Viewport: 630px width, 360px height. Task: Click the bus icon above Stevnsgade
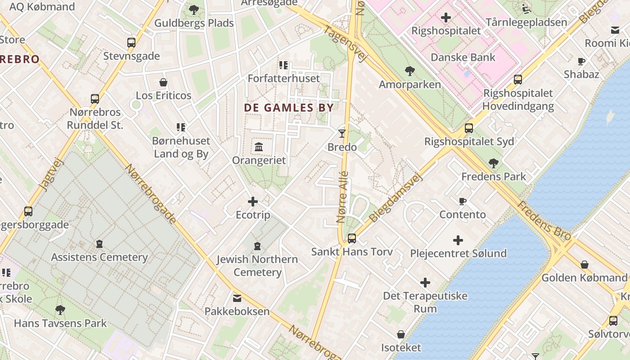[131, 43]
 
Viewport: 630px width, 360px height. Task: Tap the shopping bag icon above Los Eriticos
[163, 82]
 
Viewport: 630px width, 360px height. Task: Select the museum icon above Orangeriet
[259, 147]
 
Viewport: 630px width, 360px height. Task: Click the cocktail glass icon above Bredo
[342, 133]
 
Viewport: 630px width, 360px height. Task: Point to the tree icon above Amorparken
[409, 71]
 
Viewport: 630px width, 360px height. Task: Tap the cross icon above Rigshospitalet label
[446, 18]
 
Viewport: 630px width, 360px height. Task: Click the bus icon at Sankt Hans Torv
[352, 238]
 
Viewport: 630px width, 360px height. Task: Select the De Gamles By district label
[288, 108]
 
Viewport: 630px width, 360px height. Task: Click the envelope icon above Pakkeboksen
[237, 298]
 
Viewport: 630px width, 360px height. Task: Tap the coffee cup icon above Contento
[463, 201]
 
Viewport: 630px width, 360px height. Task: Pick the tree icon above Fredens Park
[493, 163]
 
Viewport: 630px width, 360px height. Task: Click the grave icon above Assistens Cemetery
[99, 244]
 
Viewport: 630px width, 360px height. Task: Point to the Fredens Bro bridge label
[544, 220]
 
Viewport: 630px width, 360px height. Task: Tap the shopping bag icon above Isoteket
[401, 334]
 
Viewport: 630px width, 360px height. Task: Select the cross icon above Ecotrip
[253, 202]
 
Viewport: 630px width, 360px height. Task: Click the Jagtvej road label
[52, 175]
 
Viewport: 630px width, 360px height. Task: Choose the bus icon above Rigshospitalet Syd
[469, 128]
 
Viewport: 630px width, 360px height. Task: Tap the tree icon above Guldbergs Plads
[194, 9]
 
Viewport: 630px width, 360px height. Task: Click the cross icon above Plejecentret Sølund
[458, 240]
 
